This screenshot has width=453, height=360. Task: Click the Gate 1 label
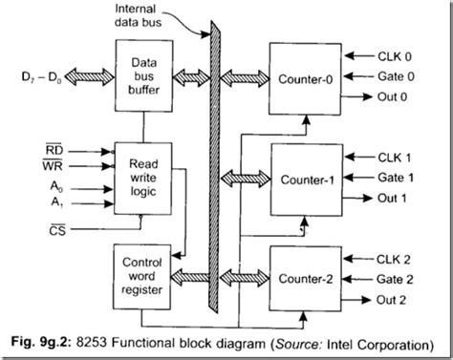click(399, 178)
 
